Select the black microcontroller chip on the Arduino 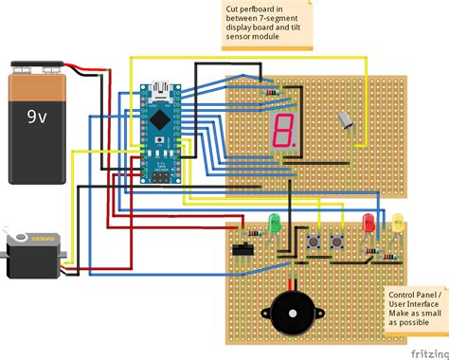tap(161, 120)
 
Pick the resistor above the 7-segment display tap(274, 92)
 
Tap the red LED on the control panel tap(370, 224)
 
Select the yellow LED tap(398, 225)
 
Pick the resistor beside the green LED tap(253, 233)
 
